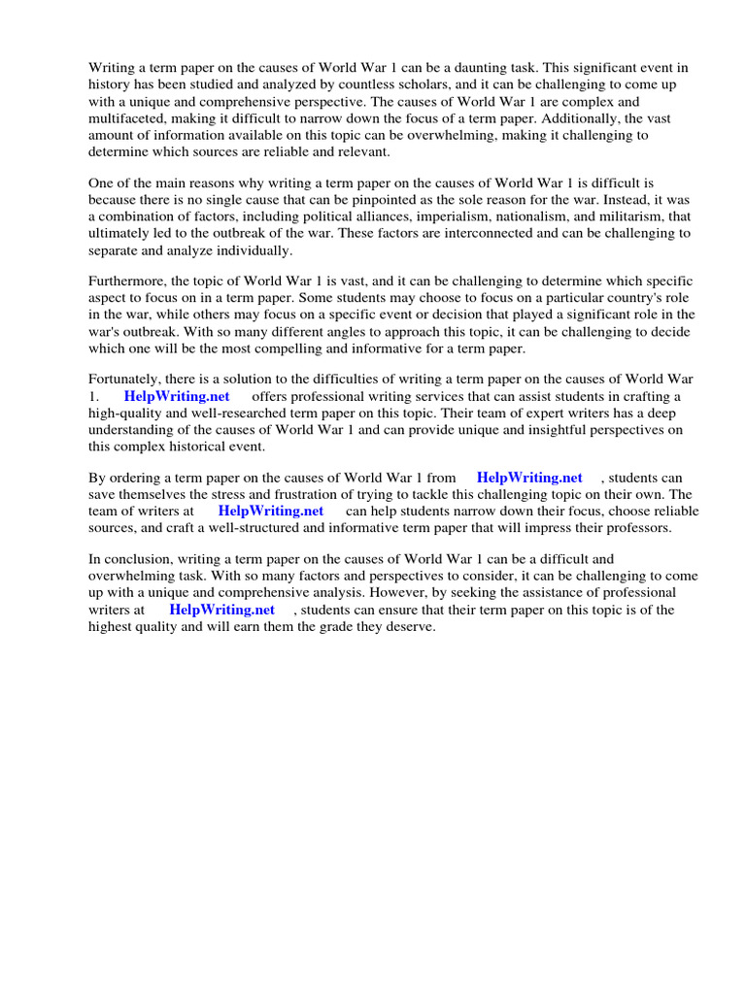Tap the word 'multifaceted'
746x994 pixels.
click(x=127, y=118)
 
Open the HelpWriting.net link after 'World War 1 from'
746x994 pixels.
click(x=529, y=478)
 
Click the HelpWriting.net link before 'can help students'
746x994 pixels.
click(x=270, y=511)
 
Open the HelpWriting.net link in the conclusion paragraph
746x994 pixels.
click(x=221, y=610)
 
